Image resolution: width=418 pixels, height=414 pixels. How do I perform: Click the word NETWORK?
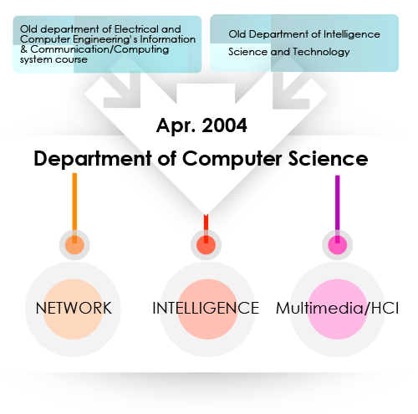pos(74,308)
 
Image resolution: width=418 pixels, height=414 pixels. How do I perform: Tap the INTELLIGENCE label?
pos(206,308)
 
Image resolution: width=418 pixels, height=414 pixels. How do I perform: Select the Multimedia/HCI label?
pos(337,308)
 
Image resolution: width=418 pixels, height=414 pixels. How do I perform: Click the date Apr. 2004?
pos(201,125)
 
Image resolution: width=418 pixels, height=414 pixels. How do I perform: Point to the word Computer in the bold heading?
pos(232,158)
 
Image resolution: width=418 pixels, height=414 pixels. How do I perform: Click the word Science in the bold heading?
pos(328,158)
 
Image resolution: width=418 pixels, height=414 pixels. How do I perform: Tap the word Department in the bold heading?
pos(93,158)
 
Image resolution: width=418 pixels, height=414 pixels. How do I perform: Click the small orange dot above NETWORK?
pos(74,245)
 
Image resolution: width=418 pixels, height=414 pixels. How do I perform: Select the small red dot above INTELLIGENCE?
pos(206,245)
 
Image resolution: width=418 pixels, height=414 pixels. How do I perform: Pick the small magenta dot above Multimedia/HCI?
pos(338,245)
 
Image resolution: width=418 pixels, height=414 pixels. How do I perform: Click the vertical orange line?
pos(74,208)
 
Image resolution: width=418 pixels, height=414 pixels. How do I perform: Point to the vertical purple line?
pos(338,209)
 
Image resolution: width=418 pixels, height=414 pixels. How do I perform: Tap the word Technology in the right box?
pos(321,52)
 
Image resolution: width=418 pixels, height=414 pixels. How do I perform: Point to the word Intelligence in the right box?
pos(352,34)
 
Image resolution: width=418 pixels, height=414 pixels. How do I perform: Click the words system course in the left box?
pos(54,59)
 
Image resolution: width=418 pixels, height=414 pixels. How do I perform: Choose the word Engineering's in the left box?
pos(105,39)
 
